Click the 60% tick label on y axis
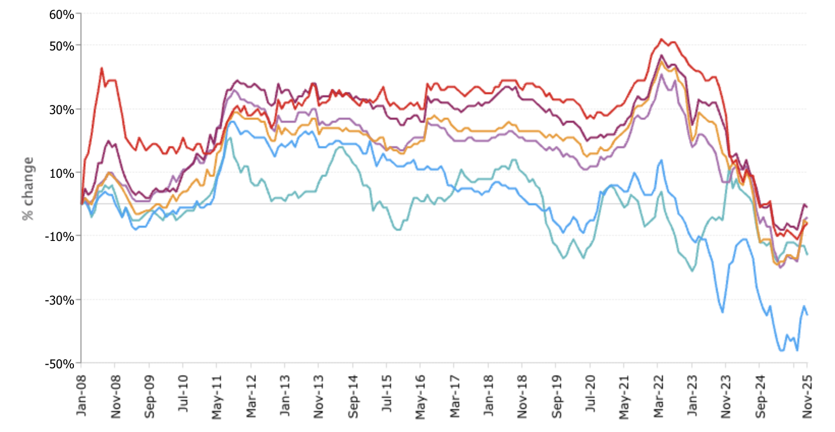tap(62, 15)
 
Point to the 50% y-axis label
tap(62, 46)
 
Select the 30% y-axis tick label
tap(62, 110)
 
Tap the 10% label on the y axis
tap(62, 174)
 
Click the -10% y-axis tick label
tap(60, 237)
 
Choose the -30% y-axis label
tap(60, 301)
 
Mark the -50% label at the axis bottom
tap(60, 364)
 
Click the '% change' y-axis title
tap(28, 189)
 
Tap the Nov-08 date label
tap(116, 396)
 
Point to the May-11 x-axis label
tap(217, 396)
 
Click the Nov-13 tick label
tap(319, 396)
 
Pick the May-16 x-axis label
tap(421, 396)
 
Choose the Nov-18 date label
tap(522, 396)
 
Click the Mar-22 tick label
tap(658, 396)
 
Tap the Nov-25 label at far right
tap(807, 396)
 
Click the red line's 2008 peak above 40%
tap(102, 68)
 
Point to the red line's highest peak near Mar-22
tap(661, 39)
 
